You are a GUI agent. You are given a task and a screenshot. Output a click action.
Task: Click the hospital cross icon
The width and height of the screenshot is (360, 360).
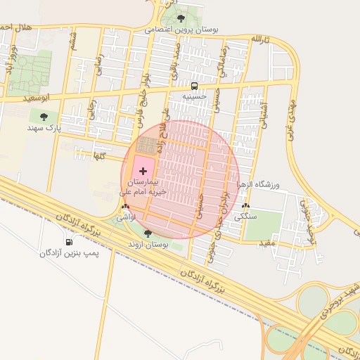(x=144, y=171)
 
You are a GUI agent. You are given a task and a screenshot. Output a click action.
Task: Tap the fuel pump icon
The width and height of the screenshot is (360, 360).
(x=68, y=243)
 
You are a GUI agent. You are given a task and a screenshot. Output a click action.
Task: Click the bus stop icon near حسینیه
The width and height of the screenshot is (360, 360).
(x=194, y=86)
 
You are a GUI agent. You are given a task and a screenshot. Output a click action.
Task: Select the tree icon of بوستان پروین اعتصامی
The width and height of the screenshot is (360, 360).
(x=181, y=19)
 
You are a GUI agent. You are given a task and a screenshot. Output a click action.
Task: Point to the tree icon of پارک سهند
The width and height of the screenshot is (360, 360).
(x=44, y=117)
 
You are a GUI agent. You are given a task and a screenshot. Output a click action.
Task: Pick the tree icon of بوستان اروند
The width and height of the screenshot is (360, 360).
(x=148, y=233)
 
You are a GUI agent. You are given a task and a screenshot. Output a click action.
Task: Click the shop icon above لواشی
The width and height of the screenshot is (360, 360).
(x=125, y=207)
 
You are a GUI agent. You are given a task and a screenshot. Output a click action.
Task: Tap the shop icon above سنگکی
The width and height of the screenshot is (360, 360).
(x=245, y=206)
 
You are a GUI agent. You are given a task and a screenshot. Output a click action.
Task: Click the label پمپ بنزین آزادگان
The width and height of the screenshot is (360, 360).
(x=70, y=252)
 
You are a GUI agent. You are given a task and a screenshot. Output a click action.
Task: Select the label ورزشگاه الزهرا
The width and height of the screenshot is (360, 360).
(x=259, y=184)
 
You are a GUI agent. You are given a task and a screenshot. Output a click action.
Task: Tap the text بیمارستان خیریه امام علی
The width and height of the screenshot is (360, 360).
(x=145, y=186)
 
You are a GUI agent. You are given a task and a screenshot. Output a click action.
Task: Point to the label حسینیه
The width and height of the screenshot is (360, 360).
(x=194, y=96)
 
